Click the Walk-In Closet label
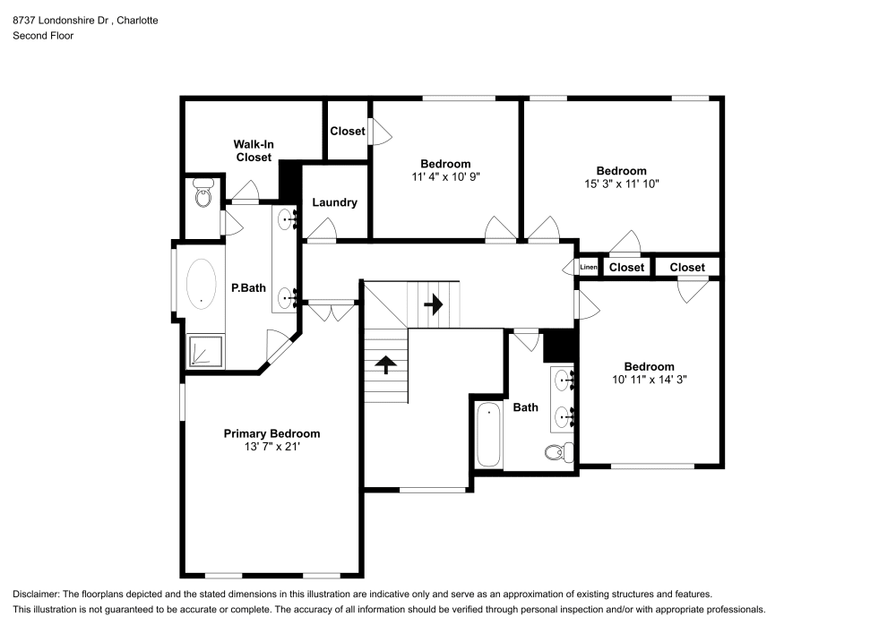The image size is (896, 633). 254,150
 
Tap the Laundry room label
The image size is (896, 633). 334,202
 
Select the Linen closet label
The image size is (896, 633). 589,267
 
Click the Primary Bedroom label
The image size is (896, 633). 271,434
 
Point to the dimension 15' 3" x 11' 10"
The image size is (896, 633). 621,184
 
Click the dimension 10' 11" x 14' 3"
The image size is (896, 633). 649,379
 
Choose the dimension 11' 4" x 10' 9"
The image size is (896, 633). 445,177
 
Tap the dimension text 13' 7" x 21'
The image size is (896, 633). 272,447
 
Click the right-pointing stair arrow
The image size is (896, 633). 434,304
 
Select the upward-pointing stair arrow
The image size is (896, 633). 386,364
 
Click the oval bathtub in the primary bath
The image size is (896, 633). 201,284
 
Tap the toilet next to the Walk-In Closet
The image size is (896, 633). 202,192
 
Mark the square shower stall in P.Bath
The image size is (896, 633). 205,350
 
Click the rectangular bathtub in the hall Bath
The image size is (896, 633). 488,434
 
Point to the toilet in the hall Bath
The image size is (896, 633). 559,452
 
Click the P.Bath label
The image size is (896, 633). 248,288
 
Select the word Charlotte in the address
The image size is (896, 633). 138,21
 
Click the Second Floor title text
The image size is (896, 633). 43,36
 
